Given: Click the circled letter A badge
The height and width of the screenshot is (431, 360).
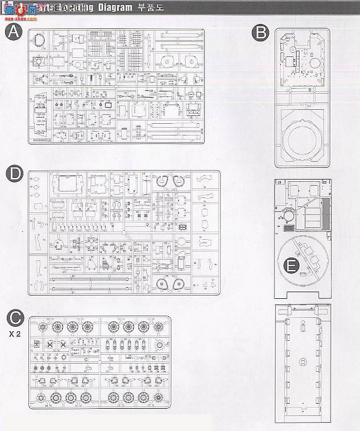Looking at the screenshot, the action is point(13,32).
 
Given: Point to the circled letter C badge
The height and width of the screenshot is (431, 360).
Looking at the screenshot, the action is point(15,318).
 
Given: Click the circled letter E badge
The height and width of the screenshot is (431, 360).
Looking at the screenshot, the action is point(290,266).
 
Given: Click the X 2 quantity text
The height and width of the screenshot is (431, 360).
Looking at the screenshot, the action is point(14,335).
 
